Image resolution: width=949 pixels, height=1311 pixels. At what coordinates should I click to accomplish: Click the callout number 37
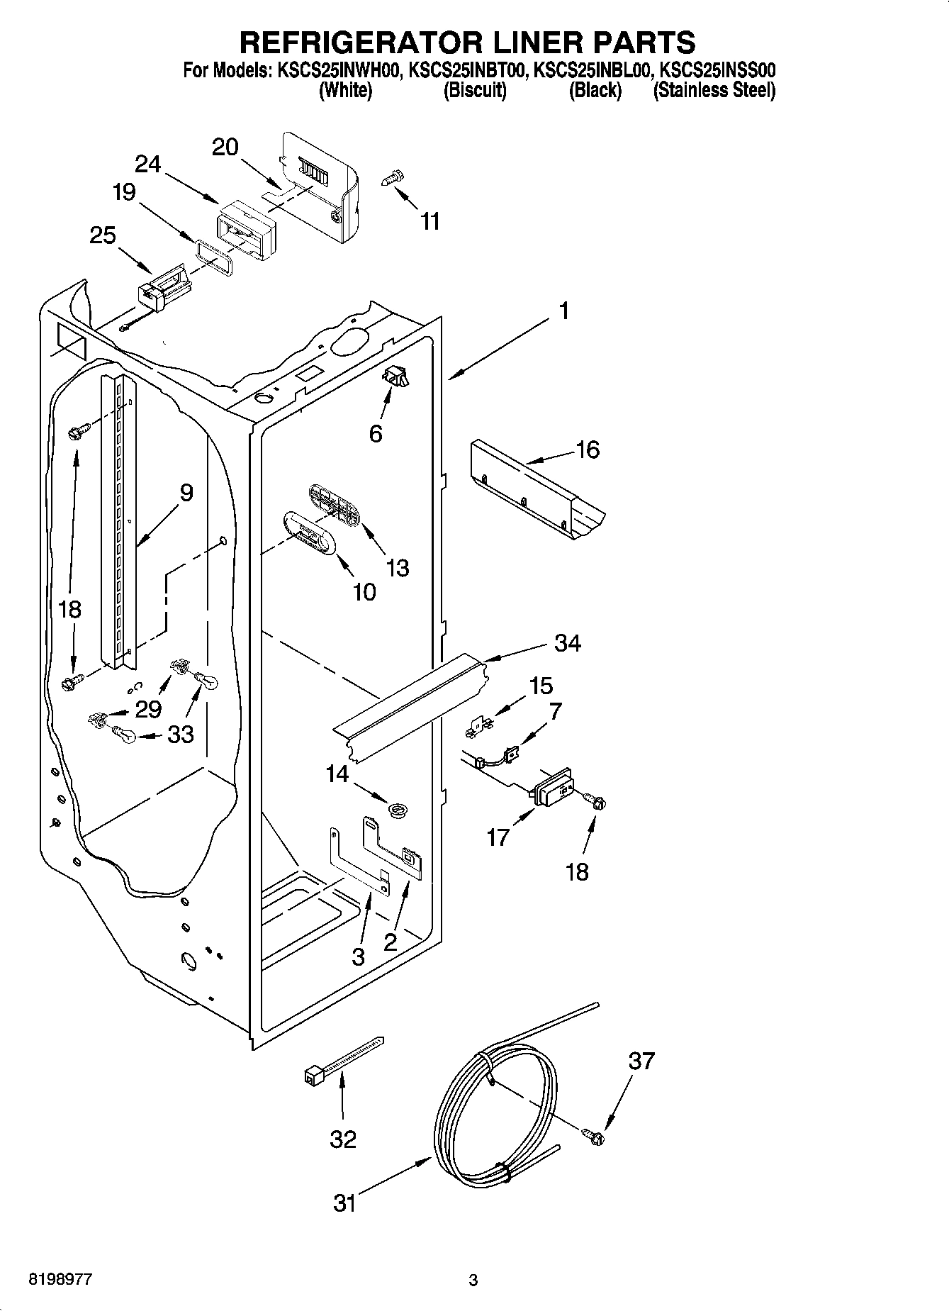click(x=641, y=1061)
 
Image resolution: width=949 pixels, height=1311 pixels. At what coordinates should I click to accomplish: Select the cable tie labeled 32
click(x=340, y=1061)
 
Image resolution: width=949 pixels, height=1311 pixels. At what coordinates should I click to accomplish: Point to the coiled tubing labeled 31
click(x=496, y=1127)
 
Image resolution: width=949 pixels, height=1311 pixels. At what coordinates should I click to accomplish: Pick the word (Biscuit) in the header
click(x=474, y=91)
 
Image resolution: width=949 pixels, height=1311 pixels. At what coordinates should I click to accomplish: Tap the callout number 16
click(x=588, y=450)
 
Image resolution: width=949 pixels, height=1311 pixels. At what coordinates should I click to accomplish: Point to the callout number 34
click(x=568, y=643)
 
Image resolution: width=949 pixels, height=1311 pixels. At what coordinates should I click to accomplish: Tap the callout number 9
click(x=186, y=492)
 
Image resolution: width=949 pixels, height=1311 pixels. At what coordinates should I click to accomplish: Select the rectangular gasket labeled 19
click(x=213, y=255)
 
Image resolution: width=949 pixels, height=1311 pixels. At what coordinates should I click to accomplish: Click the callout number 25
click(x=103, y=235)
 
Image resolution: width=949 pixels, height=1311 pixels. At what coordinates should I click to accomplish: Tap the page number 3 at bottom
click(x=473, y=1280)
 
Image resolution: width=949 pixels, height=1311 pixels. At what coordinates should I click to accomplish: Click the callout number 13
click(x=398, y=567)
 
